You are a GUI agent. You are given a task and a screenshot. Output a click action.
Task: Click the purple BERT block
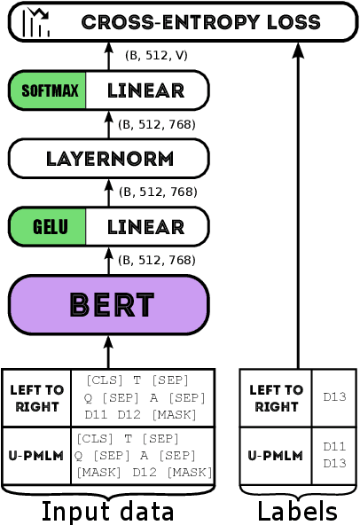coord(108,305)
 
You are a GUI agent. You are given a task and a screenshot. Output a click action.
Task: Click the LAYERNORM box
coord(108,159)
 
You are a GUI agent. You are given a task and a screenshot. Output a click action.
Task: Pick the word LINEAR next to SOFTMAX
coord(145,90)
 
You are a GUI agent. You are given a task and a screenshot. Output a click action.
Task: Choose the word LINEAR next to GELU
coord(145,227)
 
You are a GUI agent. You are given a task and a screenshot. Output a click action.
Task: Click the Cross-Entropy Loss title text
coord(207,22)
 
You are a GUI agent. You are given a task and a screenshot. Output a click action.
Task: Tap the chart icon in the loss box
coord(36,22)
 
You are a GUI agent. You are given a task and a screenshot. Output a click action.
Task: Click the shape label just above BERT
coord(156,260)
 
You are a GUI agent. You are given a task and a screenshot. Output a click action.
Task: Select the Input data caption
coord(107,512)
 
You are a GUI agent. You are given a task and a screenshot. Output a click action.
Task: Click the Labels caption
coord(297,512)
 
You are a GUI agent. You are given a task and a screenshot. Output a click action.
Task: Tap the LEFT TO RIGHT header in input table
coord(36,398)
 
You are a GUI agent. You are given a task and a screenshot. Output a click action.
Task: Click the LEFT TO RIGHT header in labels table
coord(276,398)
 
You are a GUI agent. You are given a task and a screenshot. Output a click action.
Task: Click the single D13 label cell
coord(334,397)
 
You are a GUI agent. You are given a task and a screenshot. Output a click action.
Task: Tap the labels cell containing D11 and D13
coord(334,455)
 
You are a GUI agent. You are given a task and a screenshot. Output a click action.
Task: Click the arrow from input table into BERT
coord(108,351)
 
